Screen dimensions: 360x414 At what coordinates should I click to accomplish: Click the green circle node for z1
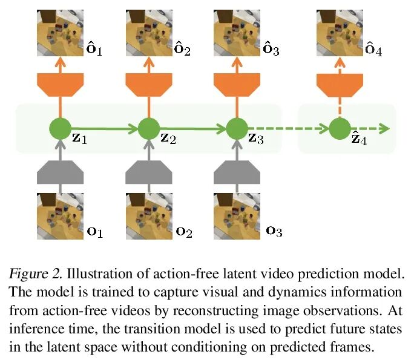(60, 128)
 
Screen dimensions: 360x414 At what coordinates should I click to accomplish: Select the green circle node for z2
(148, 128)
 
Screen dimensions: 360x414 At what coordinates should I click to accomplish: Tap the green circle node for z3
(237, 128)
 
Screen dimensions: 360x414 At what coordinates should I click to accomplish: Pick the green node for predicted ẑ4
(340, 128)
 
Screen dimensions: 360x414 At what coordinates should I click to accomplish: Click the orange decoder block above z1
(60, 85)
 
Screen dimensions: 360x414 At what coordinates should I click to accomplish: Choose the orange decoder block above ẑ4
(340, 85)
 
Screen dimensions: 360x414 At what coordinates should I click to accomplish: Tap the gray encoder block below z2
(148, 172)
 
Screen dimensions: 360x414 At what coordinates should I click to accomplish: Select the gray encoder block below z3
(237, 172)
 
